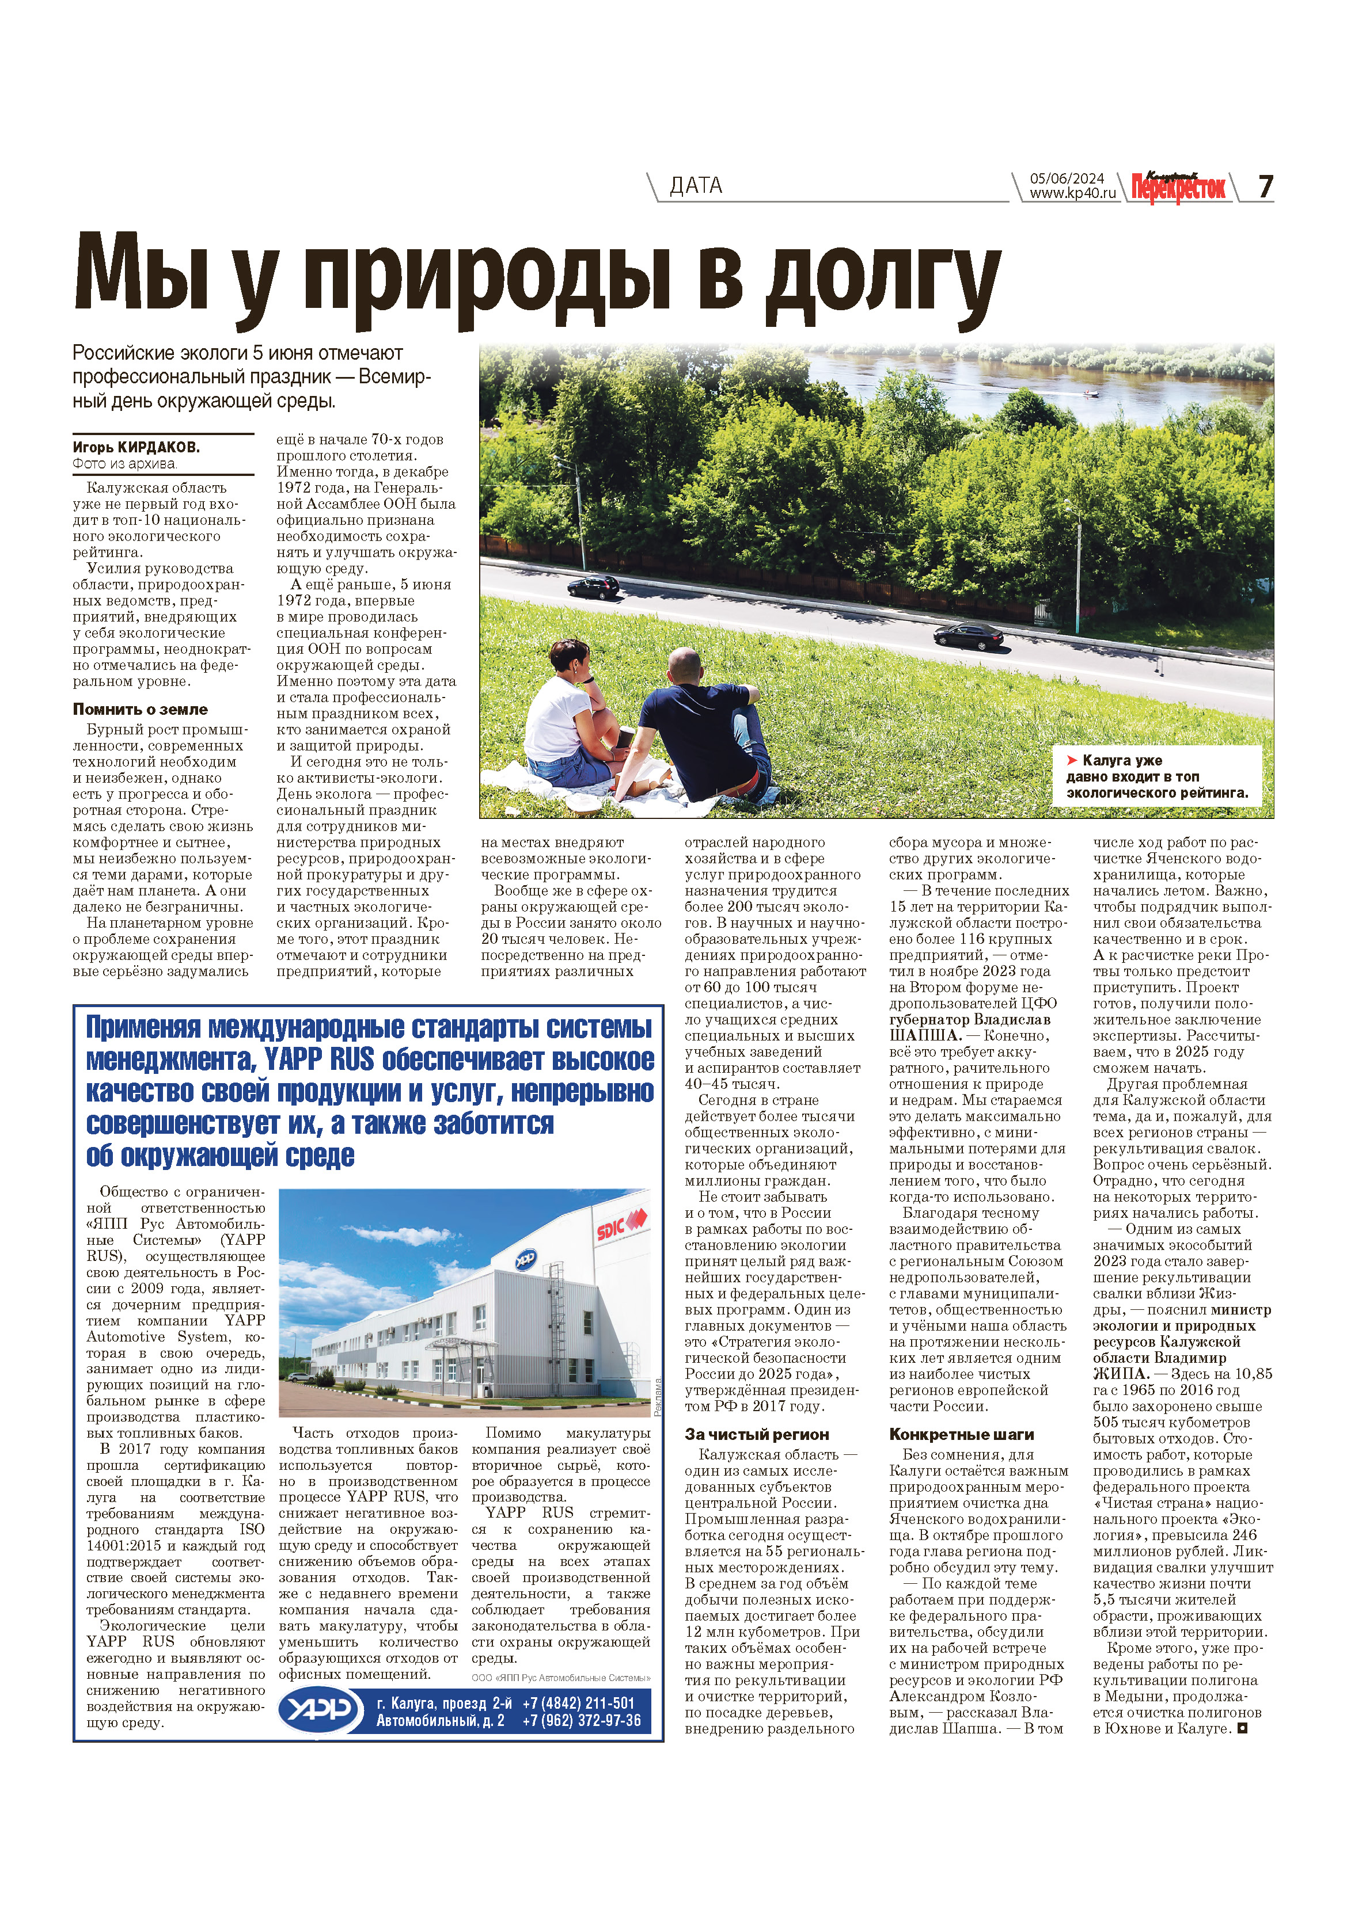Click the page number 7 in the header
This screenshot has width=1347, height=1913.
[1265, 186]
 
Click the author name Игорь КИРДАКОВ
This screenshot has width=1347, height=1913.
[136, 447]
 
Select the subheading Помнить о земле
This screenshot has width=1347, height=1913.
[140, 710]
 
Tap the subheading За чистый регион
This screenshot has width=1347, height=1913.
[756, 1435]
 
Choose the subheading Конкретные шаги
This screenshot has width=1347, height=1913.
[961, 1435]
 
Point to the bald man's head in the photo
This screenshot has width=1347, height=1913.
[685, 668]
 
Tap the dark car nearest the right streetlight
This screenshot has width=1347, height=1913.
[967, 637]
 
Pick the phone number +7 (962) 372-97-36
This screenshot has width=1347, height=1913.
[581, 1721]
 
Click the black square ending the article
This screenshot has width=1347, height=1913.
[1243, 1729]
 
